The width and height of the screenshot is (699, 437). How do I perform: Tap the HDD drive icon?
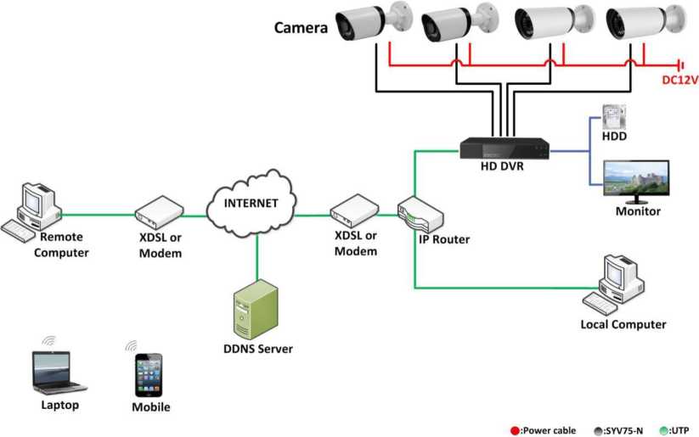(613, 117)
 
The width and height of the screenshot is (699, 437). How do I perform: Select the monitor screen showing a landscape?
(635, 179)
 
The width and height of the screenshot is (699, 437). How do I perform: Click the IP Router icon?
(420, 216)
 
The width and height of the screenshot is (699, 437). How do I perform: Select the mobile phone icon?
(149, 374)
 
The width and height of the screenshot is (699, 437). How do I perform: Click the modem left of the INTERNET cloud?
(161, 210)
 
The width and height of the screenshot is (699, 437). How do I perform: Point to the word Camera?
(301, 28)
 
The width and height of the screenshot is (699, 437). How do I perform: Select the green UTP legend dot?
(663, 430)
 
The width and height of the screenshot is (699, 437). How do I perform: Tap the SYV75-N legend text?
(624, 430)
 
